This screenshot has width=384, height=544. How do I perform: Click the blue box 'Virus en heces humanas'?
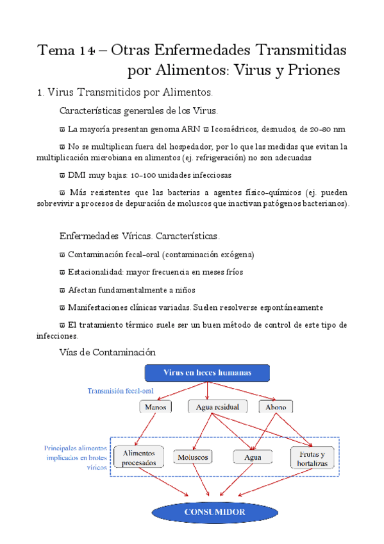[x=207, y=373]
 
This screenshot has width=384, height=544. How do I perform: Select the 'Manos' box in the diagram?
[x=154, y=407]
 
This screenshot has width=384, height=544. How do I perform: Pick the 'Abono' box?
[x=276, y=407]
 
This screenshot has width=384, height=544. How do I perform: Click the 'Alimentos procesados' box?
[x=139, y=457]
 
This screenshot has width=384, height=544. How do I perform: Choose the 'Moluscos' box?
[x=192, y=457]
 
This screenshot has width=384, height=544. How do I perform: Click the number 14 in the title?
[x=89, y=50]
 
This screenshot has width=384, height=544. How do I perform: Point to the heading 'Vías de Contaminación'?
[x=107, y=352]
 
